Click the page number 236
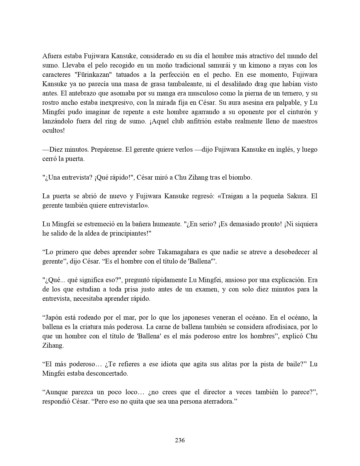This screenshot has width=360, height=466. click(x=180, y=440)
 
